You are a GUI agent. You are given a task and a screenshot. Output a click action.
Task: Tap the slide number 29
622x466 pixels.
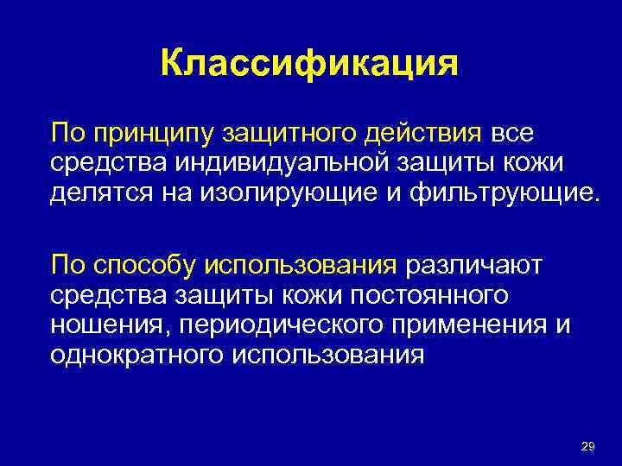588,446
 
